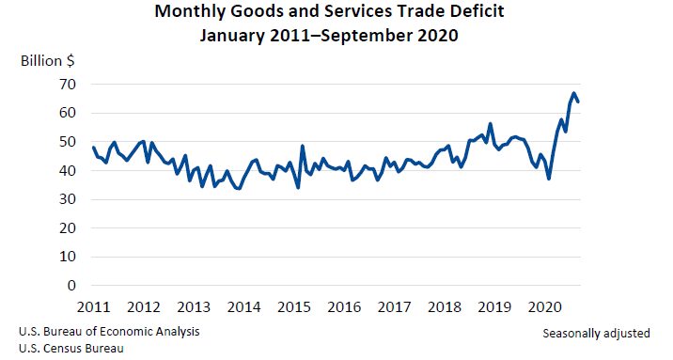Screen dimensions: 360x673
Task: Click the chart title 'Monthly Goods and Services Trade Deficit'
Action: pyautogui.click(x=336, y=14)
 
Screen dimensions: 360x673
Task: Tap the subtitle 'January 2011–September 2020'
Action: pyautogui.click(x=336, y=38)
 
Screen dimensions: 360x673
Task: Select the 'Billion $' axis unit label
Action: pyautogui.click(x=48, y=61)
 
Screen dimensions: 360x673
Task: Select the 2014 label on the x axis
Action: pyautogui.click(x=244, y=307)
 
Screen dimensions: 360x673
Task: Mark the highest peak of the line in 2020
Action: pyautogui.click(x=573, y=93)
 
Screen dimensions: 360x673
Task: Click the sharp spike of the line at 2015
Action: pyautogui.click(x=302, y=146)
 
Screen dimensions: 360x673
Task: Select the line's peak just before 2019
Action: pyautogui.click(x=490, y=123)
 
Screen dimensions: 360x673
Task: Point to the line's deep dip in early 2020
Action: pyautogui.click(x=549, y=179)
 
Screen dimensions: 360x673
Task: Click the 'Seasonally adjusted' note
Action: pyautogui.click(x=596, y=334)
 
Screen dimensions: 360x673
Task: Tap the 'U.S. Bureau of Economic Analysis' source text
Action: pyautogui.click(x=108, y=332)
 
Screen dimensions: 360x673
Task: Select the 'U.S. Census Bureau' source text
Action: pyautogui.click(x=70, y=348)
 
